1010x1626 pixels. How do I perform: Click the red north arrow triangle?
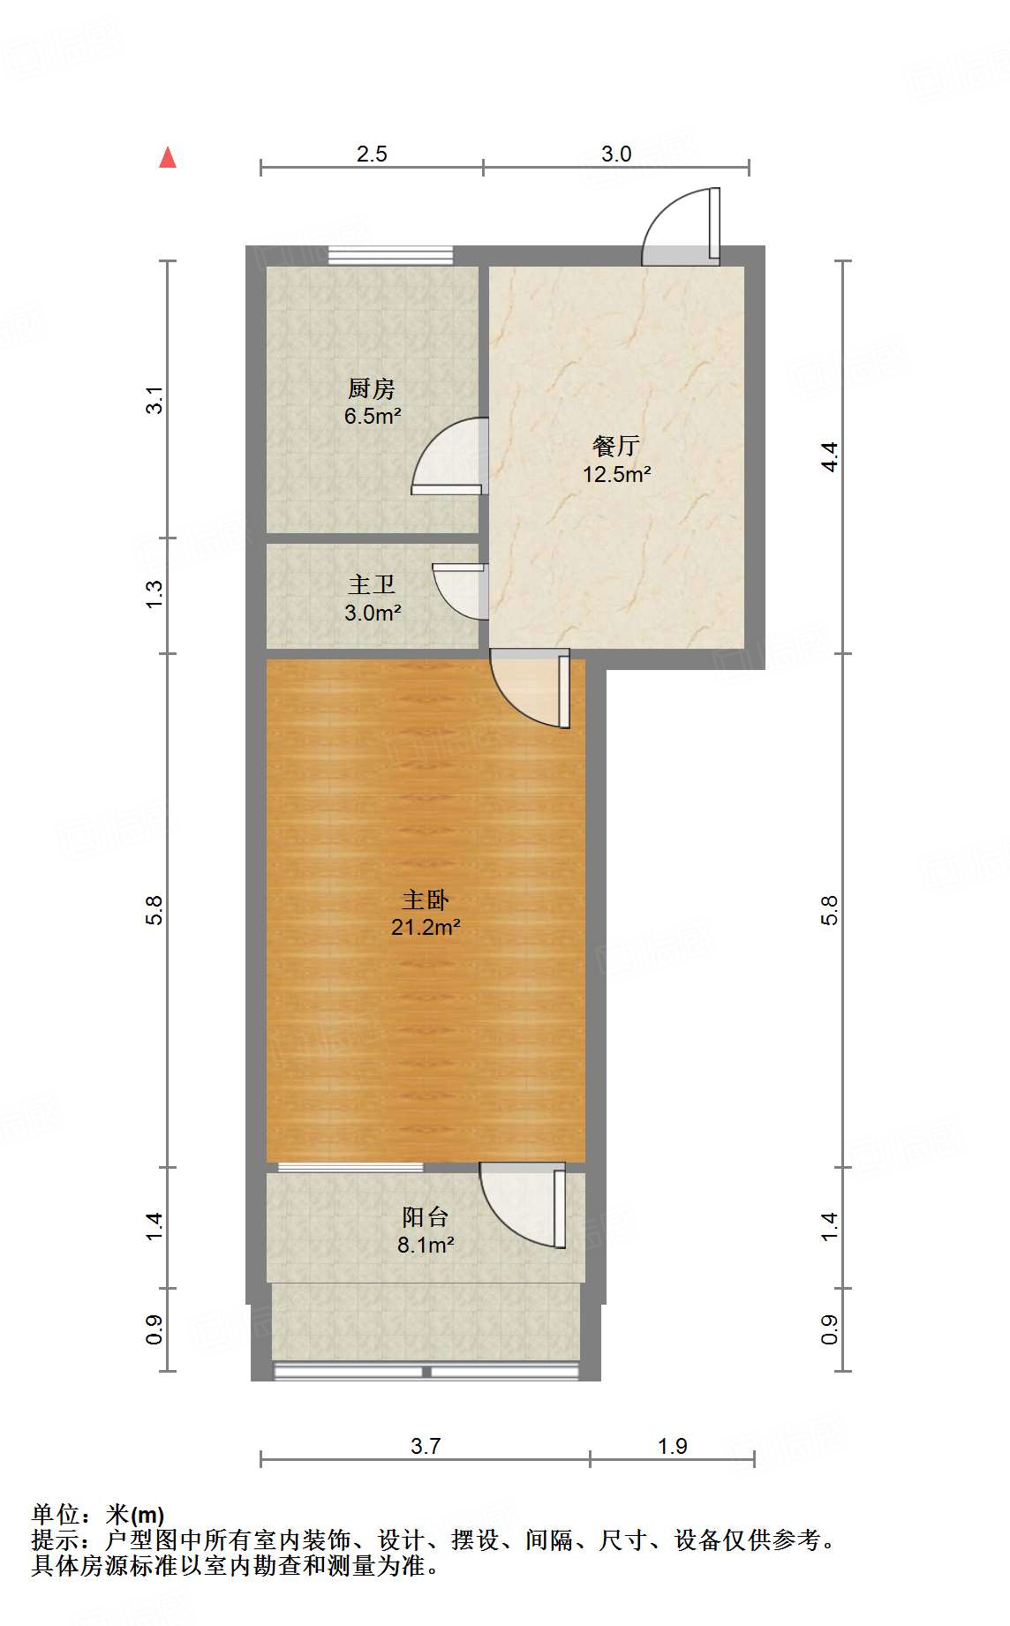coord(168,157)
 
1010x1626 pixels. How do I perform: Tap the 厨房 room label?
coord(371,388)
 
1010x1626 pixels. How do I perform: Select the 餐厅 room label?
coord(616,446)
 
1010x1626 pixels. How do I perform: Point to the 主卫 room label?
coord(372,584)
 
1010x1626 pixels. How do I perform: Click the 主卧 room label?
coord(426,900)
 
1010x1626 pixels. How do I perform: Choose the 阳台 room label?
coord(426,1217)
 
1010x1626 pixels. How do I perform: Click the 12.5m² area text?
coord(616,474)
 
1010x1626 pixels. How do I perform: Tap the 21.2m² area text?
coord(426,927)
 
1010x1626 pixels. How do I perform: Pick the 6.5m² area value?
coord(373,416)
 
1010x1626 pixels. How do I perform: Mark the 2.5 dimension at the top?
coord(372,154)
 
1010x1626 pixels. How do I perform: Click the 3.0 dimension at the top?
coord(616,154)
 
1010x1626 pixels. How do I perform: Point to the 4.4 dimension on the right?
coord(829,456)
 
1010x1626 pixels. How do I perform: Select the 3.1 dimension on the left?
coord(155,400)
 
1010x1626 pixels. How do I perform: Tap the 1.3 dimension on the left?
coord(155,593)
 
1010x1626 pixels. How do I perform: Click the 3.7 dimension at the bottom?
coord(426,1446)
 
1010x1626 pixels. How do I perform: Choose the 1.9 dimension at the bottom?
coord(673,1446)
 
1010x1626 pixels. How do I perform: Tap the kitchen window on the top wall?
coord(390,255)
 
